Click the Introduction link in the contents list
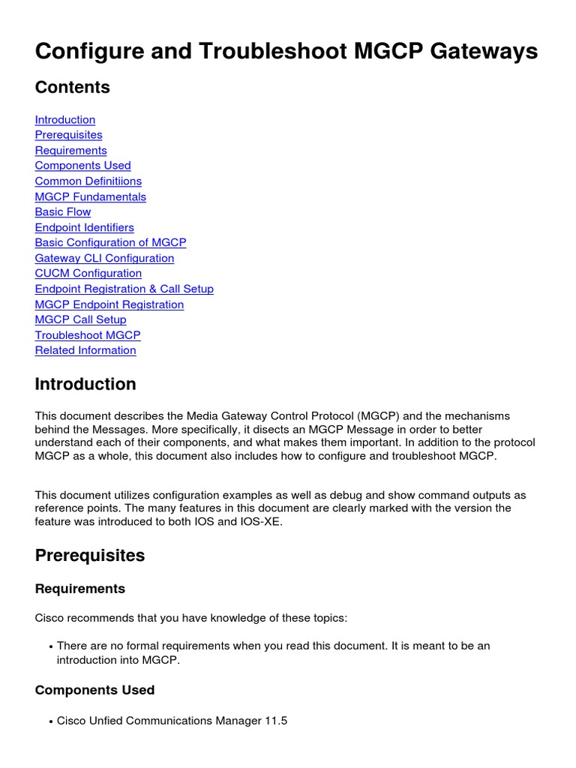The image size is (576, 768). tap(65, 120)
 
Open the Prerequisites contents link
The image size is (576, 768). tap(68, 135)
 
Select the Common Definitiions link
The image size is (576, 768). tap(88, 181)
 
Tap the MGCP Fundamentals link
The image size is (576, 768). tap(90, 197)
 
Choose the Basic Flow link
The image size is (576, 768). tap(62, 212)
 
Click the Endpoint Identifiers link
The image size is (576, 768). tap(84, 228)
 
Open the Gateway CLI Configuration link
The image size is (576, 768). tap(104, 259)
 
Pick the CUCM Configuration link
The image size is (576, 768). tap(88, 274)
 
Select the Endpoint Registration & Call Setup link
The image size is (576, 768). tap(124, 289)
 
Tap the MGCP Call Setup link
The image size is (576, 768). tap(80, 320)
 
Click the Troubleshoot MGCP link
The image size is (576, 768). tap(88, 335)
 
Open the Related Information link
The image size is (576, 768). tap(85, 351)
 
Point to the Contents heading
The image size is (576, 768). tap(72, 88)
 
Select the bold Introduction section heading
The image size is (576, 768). tap(85, 385)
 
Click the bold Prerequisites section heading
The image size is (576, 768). tap(90, 556)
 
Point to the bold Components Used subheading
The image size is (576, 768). tap(94, 690)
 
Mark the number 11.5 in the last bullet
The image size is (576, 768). tap(275, 721)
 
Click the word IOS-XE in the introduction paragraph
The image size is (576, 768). tap(262, 522)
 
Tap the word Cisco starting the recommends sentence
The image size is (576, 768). tap(49, 619)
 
